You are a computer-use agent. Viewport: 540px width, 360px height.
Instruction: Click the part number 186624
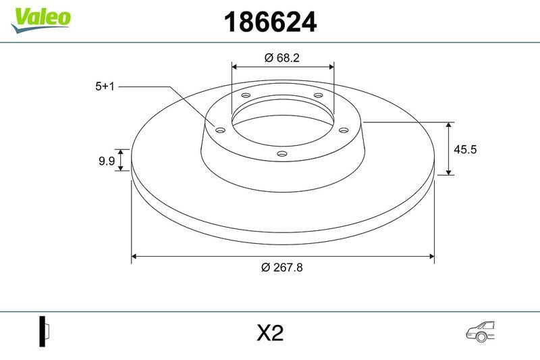(x=269, y=22)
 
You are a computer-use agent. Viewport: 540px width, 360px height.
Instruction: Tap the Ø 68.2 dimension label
(x=282, y=58)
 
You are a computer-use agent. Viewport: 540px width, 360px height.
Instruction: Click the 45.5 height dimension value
(x=465, y=149)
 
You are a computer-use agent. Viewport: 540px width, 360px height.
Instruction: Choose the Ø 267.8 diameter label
(x=282, y=267)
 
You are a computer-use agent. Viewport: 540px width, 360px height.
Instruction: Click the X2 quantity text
(x=269, y=333)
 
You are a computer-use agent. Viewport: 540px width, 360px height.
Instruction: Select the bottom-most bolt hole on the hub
(x=282, y=155)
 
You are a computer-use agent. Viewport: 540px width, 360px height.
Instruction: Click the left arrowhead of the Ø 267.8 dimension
(x=134, y=256)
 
